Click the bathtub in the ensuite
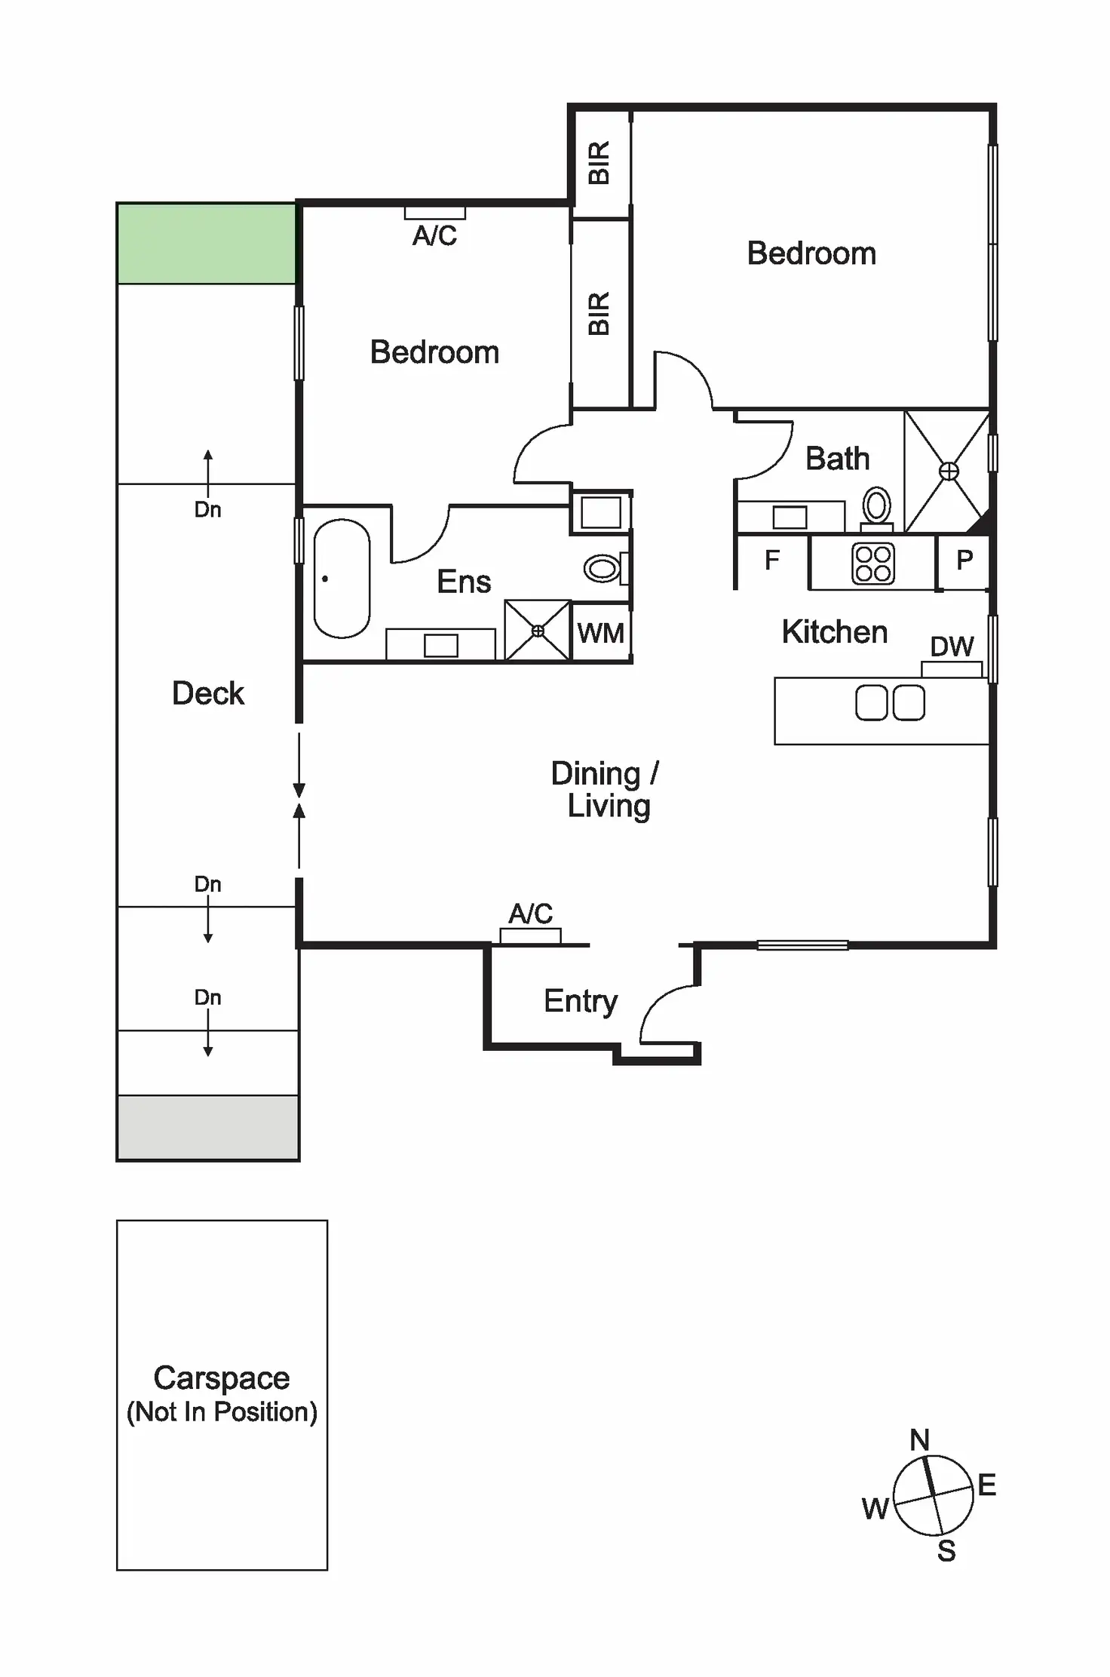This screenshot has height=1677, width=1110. tap(342, 578)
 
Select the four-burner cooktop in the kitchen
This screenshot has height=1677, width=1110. tap(872, 564)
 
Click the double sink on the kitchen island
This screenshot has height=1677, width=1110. tap(890, 703)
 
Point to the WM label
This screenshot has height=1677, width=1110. tap(600, 633)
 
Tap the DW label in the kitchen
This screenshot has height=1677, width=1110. tap(952, 647)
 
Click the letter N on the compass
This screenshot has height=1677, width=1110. tap(919, 1440)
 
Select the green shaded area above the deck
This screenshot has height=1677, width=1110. tap(206, 244)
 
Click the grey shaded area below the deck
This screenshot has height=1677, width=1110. tap(207, 1128)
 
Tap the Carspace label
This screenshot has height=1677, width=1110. tap(222, 1378)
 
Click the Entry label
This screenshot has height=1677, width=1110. tap(581, 1001)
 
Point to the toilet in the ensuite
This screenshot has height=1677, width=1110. tap(603, 568)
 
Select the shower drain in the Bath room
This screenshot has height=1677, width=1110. tap(949, 471)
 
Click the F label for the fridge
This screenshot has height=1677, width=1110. tap(771, 561)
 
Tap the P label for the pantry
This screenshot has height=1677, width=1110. tap(964, 561)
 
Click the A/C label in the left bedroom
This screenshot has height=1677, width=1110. tap(434, 236)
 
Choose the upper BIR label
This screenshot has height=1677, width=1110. tap(599, 162)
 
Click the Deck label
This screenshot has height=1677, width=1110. tap(208, 693)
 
